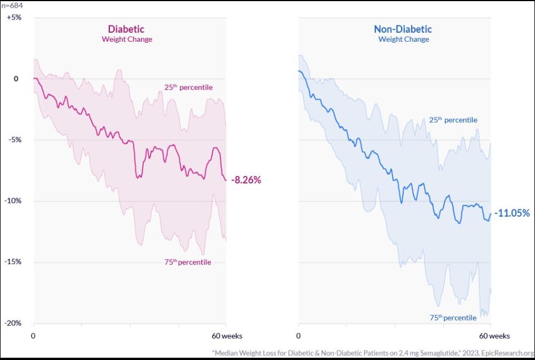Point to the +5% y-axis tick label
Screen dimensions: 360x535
(x=14, y=17)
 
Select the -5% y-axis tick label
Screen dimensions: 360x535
(x=14, y=140)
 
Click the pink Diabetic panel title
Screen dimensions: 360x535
(x=126, y=29)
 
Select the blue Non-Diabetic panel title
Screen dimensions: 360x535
(x=403, y=29)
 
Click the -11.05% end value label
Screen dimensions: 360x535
(x=512, y=213)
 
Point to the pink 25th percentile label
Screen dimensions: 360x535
(x=188, y=87)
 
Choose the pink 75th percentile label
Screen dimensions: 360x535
(x=187, y=262)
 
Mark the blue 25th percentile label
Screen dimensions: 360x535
(x=453, y=120)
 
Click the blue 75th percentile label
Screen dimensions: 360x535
(x=452, y=318)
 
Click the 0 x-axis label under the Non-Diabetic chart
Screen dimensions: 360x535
(x=298, y=336)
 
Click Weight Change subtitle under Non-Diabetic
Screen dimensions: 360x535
(x=403, y=39)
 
